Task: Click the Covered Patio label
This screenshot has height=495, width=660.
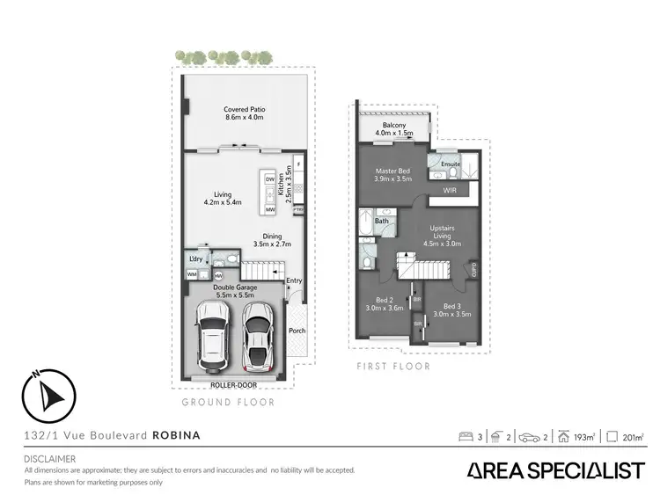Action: coord(245,113)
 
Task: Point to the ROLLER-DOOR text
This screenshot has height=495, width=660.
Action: coord(231,384)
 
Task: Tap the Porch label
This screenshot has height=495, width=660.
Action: coord(297,331)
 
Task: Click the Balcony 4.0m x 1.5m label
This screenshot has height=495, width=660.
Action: coord(394,130)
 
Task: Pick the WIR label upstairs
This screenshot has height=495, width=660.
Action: coord(450,189)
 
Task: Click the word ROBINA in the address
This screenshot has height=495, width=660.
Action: coord(177,434)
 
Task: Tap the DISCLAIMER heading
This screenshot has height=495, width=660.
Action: coord(50,458)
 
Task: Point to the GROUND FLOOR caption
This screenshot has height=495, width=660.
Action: coord(228,402)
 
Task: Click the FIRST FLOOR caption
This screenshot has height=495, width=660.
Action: coord(393,366)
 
